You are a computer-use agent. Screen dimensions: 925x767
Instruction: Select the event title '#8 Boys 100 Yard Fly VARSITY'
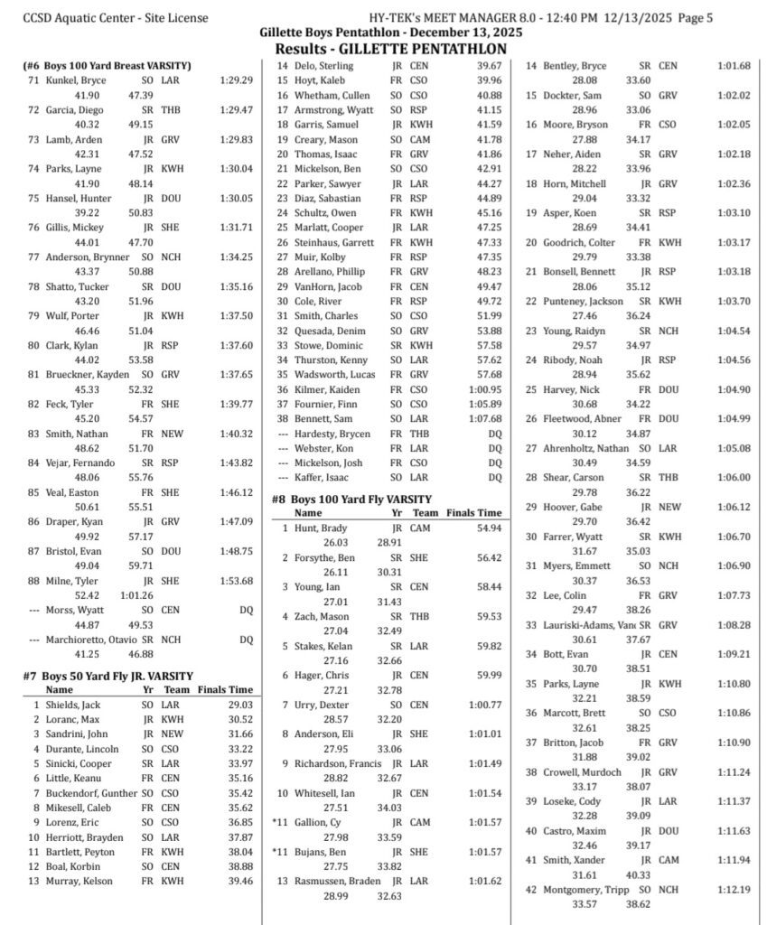(351, 499)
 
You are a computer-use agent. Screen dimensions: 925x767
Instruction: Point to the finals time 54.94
(488, 528)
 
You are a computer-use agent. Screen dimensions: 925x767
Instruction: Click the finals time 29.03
(239, 705)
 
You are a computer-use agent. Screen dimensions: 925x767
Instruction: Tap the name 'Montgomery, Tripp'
(586, 889)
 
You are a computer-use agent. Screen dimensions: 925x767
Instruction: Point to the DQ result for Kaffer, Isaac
(494, 477)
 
